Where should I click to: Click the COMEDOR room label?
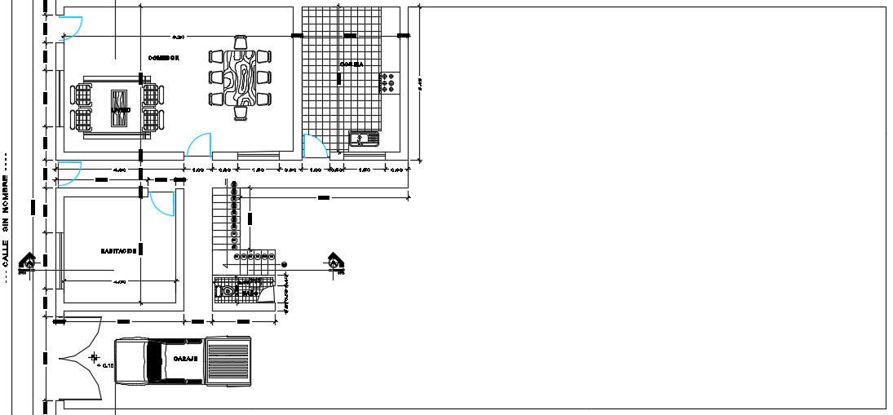click(163, 58)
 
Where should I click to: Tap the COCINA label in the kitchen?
click(352, 64)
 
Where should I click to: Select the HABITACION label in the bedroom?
click(118, 251)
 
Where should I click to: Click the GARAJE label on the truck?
click(186, 358)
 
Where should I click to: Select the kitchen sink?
click(364, 139)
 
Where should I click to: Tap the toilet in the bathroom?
click(228, 290)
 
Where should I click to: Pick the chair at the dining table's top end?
click(240, 42)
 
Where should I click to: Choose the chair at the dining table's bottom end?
click(240, 113)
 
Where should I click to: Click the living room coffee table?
click(120, 108)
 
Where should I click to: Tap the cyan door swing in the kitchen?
click(313, 146)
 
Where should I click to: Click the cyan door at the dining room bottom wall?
click(198, 146)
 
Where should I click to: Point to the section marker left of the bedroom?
click(29, 261)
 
